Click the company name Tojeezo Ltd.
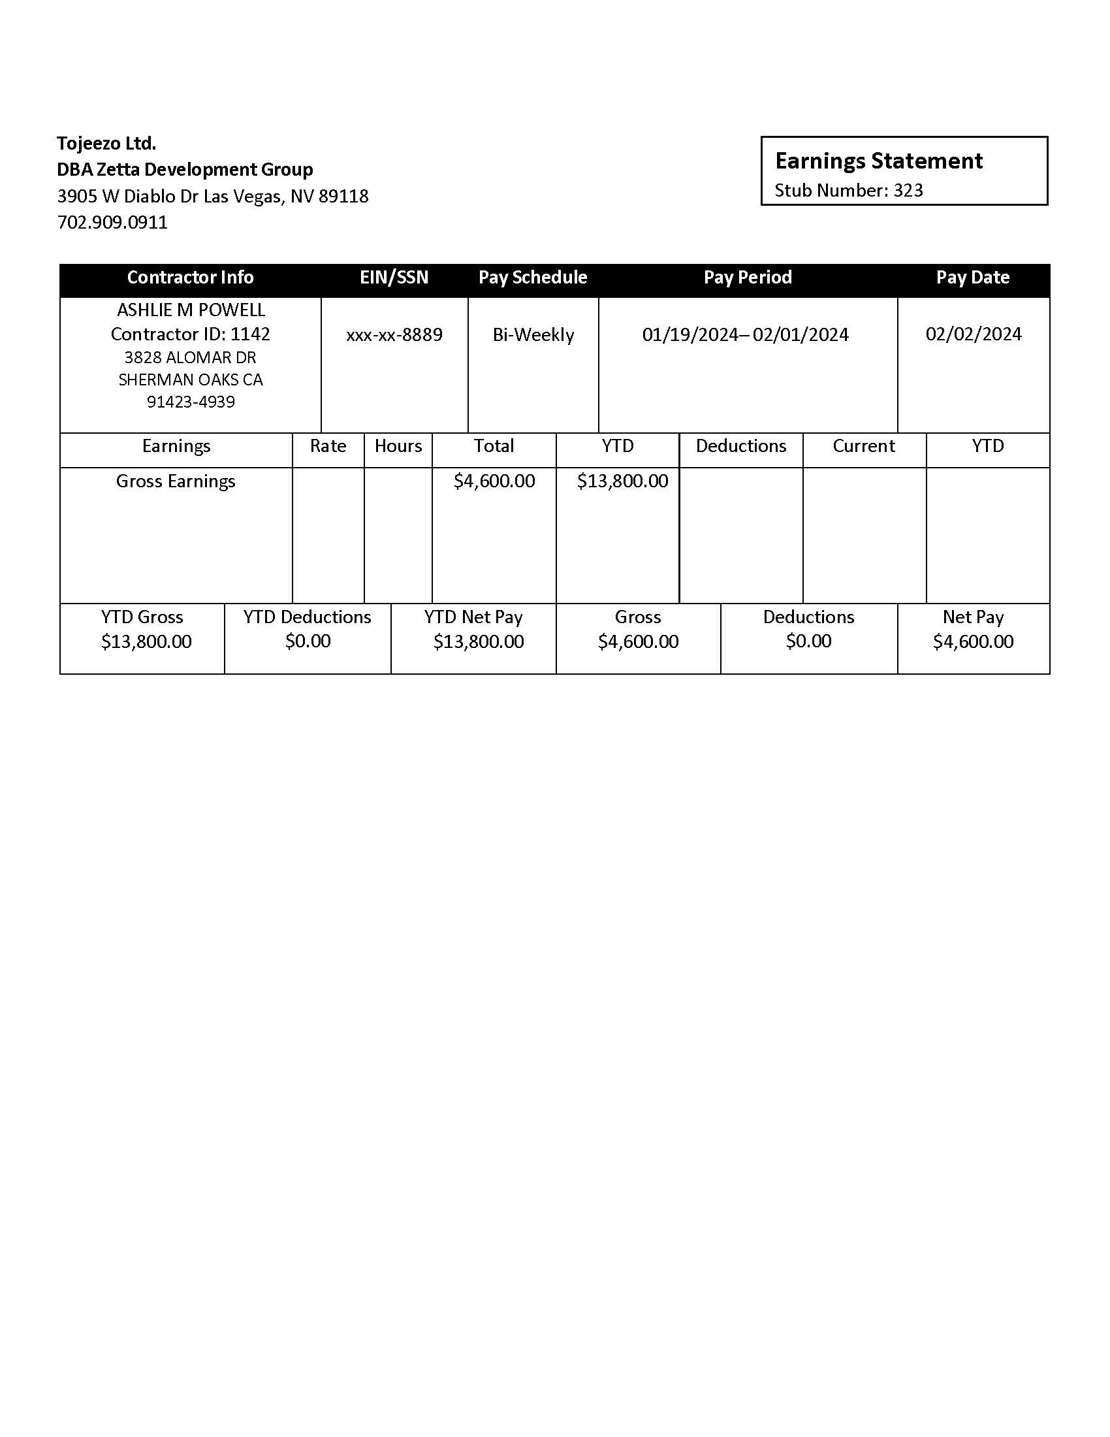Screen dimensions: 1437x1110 click(106, 143)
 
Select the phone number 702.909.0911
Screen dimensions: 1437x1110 click(112, 222)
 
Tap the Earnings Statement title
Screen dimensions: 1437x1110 click(878, 161)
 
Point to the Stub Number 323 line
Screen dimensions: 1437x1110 click(848, 191)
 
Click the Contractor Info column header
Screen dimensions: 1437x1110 click(190, 278)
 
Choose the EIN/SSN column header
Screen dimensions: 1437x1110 click(394, 278)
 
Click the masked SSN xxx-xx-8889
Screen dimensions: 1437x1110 click(394, 335)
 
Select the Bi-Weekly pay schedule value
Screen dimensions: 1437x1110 click(533, 335)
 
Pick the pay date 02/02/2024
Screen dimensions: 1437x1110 click(974, 334)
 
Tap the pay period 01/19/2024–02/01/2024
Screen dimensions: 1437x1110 click(746, 335)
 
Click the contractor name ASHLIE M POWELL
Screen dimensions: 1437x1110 click(191, 310)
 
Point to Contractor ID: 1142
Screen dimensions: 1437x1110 click(190, 334)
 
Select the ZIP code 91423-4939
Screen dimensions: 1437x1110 click(191, 402)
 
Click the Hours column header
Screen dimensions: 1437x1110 click(398, 446)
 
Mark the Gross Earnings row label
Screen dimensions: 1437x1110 click(176, 481)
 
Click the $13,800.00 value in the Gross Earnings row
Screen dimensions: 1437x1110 click(622, 481)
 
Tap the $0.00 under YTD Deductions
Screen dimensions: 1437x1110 click(308, 641)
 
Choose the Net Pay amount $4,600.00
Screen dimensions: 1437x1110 click(974, 641)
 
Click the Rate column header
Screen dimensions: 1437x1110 click(328, 446)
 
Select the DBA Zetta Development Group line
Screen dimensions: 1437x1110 click(185, 170)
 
